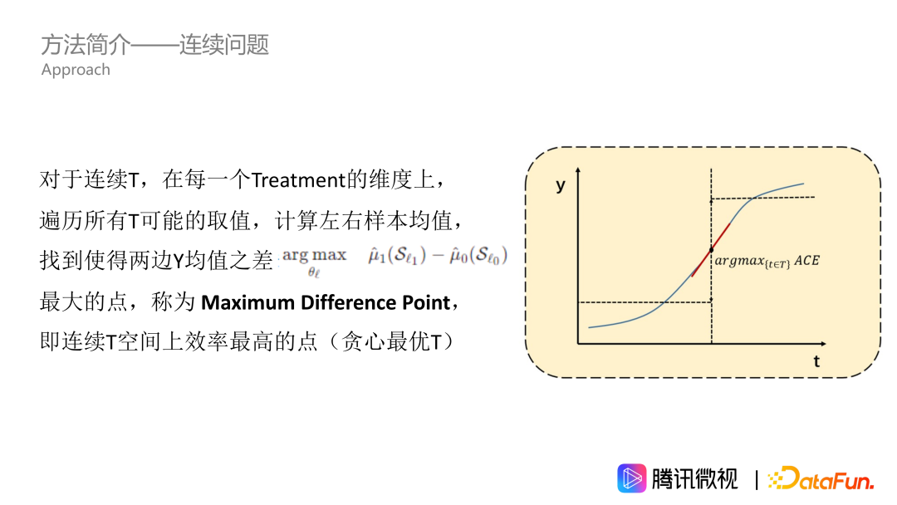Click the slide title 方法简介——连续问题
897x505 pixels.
tap(155, 45)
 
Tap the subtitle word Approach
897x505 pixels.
tap(76, 70)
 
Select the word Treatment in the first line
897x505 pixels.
tap(297, 179)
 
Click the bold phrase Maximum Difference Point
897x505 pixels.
tap(326, 302)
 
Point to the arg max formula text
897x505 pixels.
tap(314, 256)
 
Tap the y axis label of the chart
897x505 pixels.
tap(561, 185)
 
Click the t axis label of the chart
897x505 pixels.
tap(816, 361)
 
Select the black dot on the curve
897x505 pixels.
tap(712, 249)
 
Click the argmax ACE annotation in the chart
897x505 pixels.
tap(767, 261)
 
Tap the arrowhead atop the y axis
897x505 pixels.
tap(578, 169)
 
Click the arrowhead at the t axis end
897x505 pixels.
tap(822, 343)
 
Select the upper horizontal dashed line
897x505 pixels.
tap(762, 198)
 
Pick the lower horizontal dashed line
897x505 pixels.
tap(645, 302)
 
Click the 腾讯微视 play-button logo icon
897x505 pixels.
tap(632, 478)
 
